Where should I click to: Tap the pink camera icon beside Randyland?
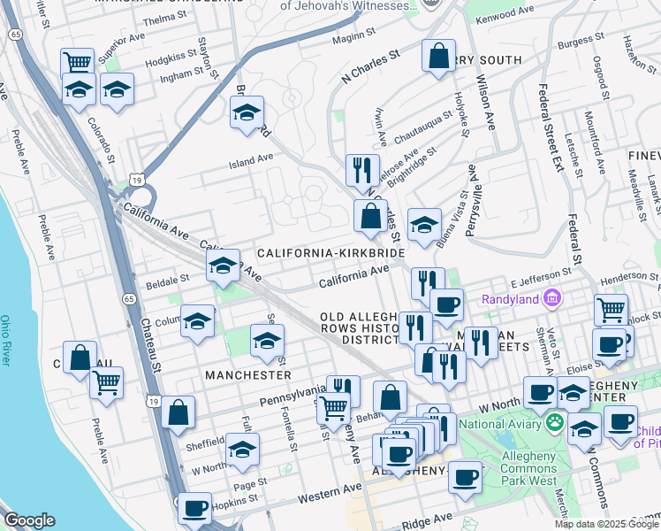pos(553,297)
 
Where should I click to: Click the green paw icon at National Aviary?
pos(555,424)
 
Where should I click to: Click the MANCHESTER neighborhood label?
pos(248,375)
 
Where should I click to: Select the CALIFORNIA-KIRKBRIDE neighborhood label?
pos(330,253)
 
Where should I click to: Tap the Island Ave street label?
pos(251,160)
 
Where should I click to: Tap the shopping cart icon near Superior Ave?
pos(77,63)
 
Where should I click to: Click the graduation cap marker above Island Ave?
pos(247,112)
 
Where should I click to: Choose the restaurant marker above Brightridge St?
pos(361,170)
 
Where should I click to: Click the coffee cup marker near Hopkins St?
pos(194,508)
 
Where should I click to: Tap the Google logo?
pos(29,520)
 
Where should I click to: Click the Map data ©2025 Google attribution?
pos(606,524)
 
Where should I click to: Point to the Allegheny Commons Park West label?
pos(528,468)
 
